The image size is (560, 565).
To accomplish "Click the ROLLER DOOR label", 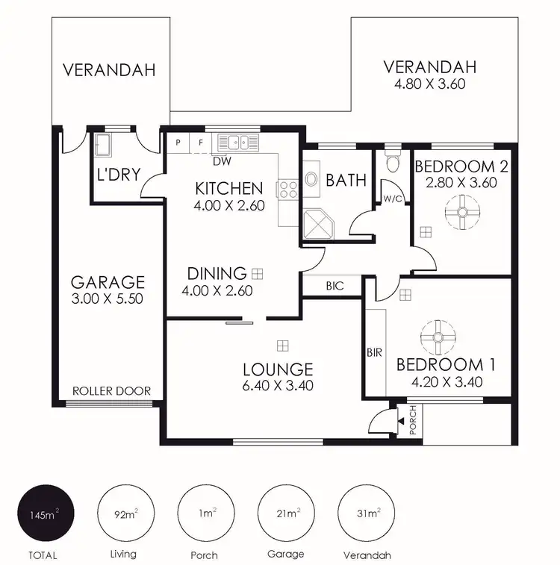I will (111, 391).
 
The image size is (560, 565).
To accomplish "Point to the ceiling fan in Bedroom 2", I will (461, 213).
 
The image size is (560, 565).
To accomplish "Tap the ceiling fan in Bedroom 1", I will (437, 337).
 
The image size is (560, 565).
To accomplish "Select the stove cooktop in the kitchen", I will (286, 190).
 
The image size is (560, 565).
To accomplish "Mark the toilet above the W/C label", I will (389, 162).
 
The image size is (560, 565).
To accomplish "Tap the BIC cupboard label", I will (335, 286).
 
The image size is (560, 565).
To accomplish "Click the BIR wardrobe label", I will (374, 352).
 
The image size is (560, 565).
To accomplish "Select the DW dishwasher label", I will (221, 161).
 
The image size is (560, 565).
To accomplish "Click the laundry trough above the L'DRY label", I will (103, 145).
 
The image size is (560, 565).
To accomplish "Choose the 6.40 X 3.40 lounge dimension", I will (277, 386).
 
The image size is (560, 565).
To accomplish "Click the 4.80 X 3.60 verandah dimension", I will (429, 84).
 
